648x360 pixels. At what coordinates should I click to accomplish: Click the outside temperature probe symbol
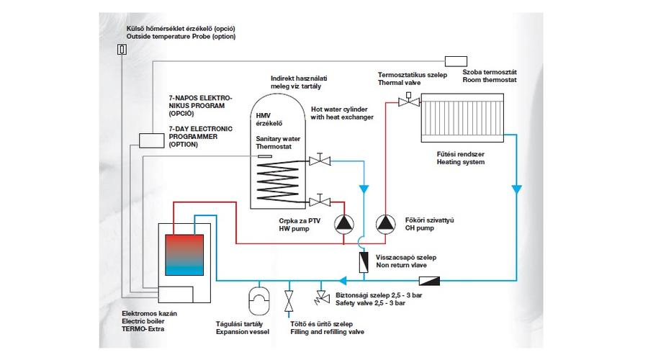click(122, 50)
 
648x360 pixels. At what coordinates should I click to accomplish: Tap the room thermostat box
click(456, 61)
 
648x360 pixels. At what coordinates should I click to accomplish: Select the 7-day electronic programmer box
click(151, 140)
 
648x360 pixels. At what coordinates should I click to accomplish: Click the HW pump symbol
click(344, 224)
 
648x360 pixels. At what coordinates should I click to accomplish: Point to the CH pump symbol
click(386, 224)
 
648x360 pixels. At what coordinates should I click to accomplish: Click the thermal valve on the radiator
click(409, 100)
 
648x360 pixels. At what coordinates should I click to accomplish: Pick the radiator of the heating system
click(462, 118)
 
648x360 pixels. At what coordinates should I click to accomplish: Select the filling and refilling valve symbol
click(289, 301)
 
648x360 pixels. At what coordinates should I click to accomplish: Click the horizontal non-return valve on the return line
click(429, 281)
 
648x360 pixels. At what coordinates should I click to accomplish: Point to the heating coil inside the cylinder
click(278, 181)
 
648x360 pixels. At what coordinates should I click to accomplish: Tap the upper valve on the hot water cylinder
click(320, 160)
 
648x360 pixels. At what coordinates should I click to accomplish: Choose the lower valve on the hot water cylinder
click(320, 201)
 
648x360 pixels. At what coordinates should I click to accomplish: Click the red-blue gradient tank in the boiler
click(184, 255)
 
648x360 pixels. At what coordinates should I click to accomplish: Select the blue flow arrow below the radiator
click(516, 189)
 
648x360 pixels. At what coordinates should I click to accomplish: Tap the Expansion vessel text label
click(243, 332)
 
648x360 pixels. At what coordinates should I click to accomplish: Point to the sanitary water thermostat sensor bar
click(265, 156)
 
